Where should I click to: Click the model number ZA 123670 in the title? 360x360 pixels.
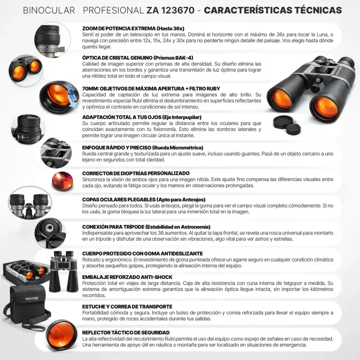click(x=171, y=10)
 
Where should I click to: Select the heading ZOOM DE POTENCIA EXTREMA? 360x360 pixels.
click(x=119, y=28)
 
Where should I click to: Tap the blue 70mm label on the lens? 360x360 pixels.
click(x=72, y=95)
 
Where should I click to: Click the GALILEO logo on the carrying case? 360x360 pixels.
click(x=31, y=299)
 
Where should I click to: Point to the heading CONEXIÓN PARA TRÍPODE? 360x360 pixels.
click(x=113, y=227)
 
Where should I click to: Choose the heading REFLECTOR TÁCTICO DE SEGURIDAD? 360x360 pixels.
click(x=126, y=333)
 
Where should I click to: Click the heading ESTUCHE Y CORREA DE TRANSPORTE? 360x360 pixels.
click(x=127, y=307)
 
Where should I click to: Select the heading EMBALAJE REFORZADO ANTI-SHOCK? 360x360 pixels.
click(x=127, y=277)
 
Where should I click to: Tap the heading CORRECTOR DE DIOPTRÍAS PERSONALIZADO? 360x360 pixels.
click(x=136, y=173)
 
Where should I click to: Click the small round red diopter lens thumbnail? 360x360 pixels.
click(x=63, y=181)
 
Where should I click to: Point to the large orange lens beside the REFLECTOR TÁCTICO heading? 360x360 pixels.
click(x=62, y=335)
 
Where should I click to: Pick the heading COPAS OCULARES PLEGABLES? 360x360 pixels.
click(x=119, y=200)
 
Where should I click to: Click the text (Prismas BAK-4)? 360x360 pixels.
click(x=173, y=58)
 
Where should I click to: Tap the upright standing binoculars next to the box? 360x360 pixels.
click(x=63, y=271)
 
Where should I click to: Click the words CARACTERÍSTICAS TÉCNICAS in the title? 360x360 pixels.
click(x=273, y=10)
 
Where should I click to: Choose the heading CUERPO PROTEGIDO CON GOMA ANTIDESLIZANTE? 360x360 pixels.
click(x=142, y=254)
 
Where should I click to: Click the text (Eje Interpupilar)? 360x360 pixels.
click(x=182, y=117)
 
